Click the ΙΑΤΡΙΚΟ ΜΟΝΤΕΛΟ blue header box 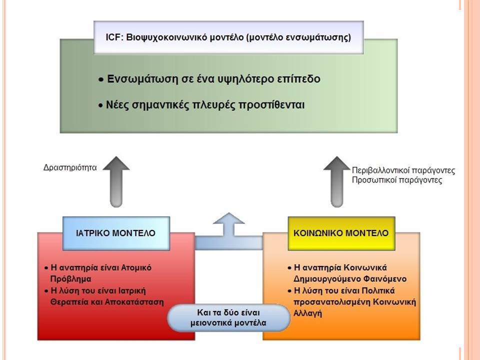click(x=116, y=233)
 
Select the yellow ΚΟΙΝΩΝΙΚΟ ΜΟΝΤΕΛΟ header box click(x=341, y=233)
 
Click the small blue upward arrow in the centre click(x=228, y=225)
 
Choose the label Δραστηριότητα click(x=70, y=168)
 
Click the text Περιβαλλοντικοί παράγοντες click(x=403, y=170)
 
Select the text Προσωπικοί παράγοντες click(x=397, y=179)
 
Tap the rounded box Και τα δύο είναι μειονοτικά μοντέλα click(x=228, y=318)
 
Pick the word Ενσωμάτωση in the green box click(x=142, y=79)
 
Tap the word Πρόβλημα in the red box click(x=70, y=279)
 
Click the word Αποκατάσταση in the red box click(x=134, y=302)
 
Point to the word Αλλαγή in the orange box click(x=307, y=313)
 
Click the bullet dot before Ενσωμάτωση click(x=101, y=80)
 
